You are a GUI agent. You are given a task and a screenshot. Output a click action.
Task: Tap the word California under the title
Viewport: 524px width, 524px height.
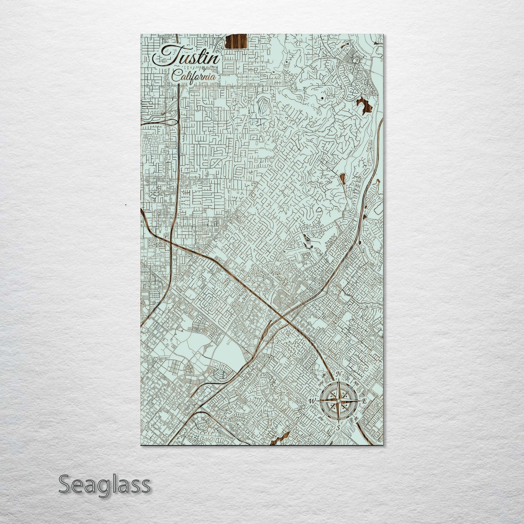pyautogui.click(x=194, y=77)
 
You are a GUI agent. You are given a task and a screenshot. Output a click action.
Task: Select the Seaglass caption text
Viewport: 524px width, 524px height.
pyautogui.click(x=104, y=484)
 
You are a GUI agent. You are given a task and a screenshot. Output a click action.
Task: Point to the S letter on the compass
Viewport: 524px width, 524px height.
pyautogui.click(x=338, y=428)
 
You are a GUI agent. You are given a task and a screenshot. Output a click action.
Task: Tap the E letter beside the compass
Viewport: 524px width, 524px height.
pyautogui.click(x=364, y=401)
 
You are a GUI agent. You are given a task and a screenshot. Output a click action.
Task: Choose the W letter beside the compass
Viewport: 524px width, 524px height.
pyautogui.click(x=312, y=401)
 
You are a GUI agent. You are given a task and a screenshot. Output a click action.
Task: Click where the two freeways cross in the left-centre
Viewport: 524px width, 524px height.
pyautogui.click(x=170, y=242)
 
